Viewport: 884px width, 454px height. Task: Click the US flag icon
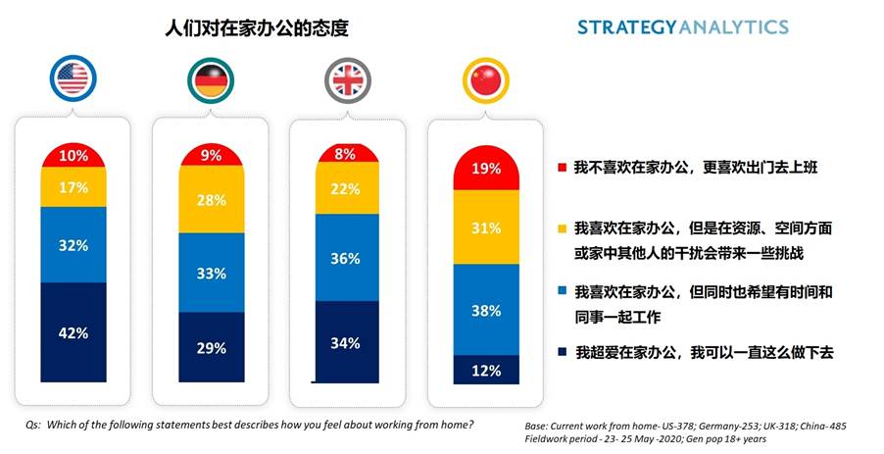(x=72, y=79)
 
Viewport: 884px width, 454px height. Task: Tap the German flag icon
(x=211, y=79)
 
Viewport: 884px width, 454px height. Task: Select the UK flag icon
(x=348, y=79)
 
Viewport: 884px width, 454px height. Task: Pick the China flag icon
(x=485, y=79)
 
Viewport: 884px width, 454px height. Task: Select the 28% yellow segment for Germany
(x=211, y=199)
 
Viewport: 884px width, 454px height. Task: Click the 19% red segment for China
(x=485, y=168)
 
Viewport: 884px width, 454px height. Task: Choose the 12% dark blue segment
(x=485, y=370)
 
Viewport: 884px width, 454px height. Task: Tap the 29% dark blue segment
(x=211, y=347)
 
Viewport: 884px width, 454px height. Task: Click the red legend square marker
(x=561, y=168)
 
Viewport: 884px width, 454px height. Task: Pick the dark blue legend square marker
(x=561, y=352)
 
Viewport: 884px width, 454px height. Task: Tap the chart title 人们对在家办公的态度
(x=257, y=28)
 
